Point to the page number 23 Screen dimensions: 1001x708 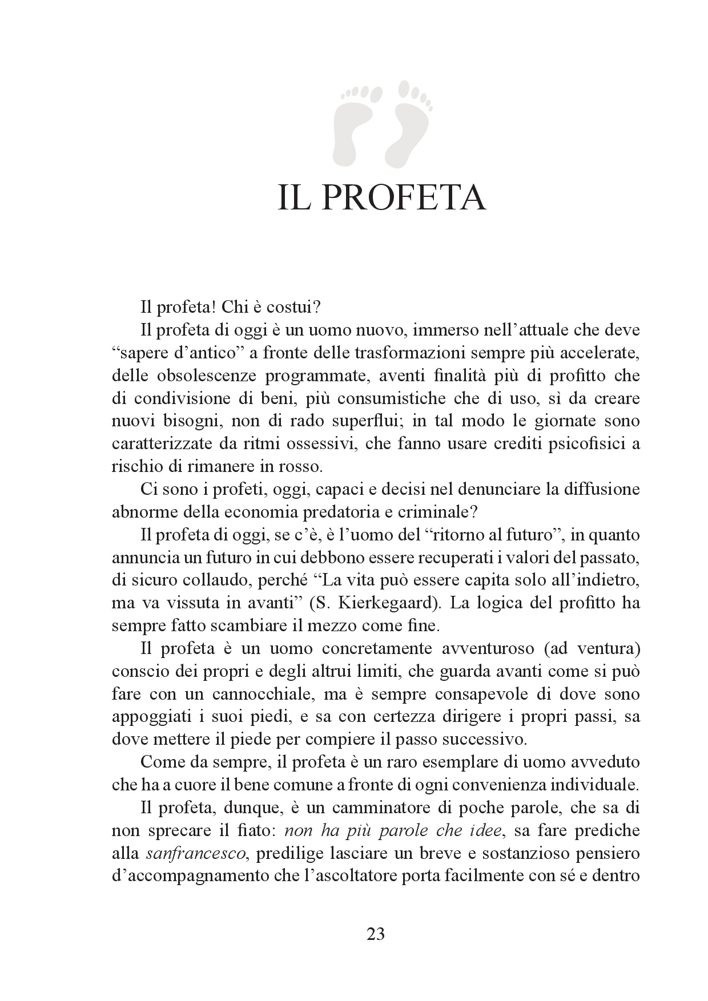click(375, 934)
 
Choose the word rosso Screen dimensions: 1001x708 click(302, 467)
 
